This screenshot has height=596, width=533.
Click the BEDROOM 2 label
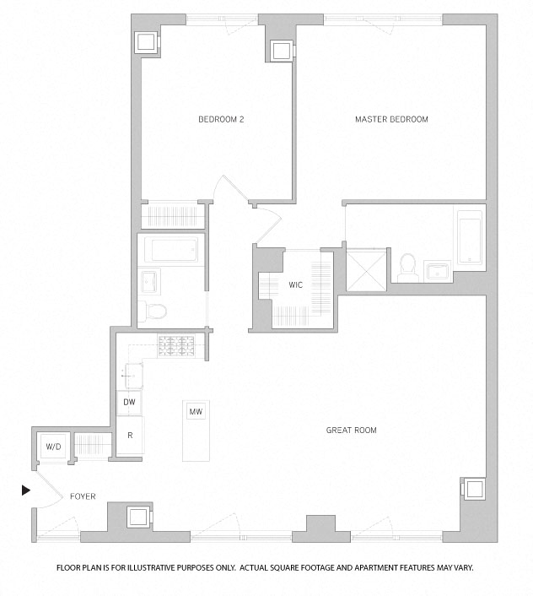coord(221,120)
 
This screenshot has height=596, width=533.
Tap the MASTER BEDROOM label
coord(390,120)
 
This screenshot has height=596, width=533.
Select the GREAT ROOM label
coord(351,431)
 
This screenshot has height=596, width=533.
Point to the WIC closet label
coord(295,285)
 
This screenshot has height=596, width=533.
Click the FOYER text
coord(83,496)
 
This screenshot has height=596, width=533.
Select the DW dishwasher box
coord(129,403)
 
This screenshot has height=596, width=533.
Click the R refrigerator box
coord(129,436)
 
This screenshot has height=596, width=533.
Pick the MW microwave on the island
coord(197,412)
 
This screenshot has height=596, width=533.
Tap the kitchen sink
coord(132,371)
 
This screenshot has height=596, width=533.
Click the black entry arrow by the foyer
coord(26,490)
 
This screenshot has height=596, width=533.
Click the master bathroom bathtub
coord(467,237)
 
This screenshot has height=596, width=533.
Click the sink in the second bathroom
coord(150,279)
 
